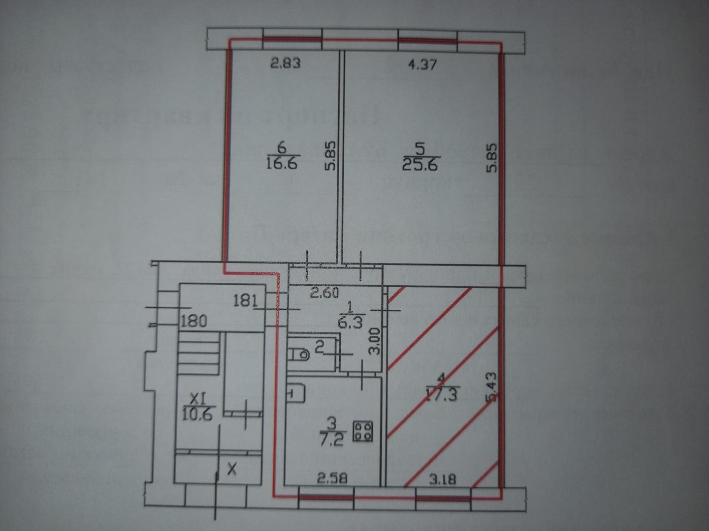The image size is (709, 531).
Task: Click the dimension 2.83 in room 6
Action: pyautogui.click(x=286, y=63)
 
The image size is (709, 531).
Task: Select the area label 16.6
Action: pyautogui.click(x=283, y=163)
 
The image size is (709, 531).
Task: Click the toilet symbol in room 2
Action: pyautogui.click(x=297, y=354)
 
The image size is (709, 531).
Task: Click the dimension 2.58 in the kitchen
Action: pyautogui.click(x=333, y=477)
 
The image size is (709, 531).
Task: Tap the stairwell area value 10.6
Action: pyautogui.click(x=196, y=414)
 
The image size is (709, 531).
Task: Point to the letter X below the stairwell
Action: pyautogui.click(x=232, y=470)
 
